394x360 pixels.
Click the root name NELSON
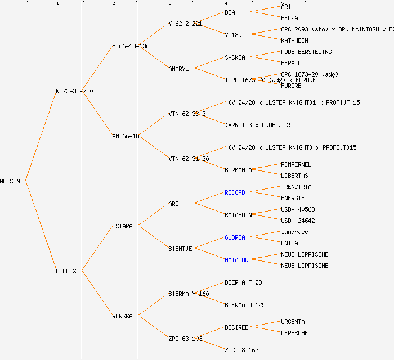10,181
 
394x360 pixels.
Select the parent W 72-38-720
74,91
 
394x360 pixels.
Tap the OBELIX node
66,271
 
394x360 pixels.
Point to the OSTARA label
122,226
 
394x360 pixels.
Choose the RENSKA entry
122,316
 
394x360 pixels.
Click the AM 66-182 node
127,136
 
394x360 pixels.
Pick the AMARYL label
178,69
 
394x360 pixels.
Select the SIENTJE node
180,249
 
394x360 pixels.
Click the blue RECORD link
235,192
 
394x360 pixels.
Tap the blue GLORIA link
235,237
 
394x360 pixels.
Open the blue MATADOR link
236,260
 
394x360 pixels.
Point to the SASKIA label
235,57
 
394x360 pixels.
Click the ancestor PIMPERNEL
296,164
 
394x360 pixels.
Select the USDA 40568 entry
298,209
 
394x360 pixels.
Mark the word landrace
294,232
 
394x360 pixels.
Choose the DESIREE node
236,327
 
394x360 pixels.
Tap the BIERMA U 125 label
245,305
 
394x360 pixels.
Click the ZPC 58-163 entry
241,350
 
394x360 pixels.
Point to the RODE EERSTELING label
306,52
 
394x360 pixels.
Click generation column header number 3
169,4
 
